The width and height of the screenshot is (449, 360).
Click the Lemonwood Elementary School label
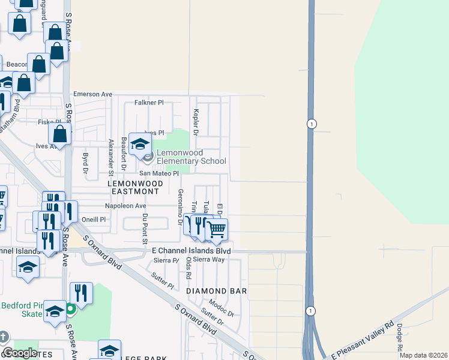point(191,157)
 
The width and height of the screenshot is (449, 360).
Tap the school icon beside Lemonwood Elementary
point(140,145)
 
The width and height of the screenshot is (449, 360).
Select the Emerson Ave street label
point(93,94)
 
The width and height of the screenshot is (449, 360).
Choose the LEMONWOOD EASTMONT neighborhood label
point(133,187)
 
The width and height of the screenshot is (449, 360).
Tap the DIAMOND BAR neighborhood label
point(217,290)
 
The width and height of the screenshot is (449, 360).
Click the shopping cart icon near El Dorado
point(217,229)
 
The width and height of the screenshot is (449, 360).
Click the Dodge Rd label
point(399,337)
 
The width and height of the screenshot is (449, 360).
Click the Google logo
point(19,353)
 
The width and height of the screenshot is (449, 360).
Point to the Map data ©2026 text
point(423,355)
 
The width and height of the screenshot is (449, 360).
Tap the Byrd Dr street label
point(85,166)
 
